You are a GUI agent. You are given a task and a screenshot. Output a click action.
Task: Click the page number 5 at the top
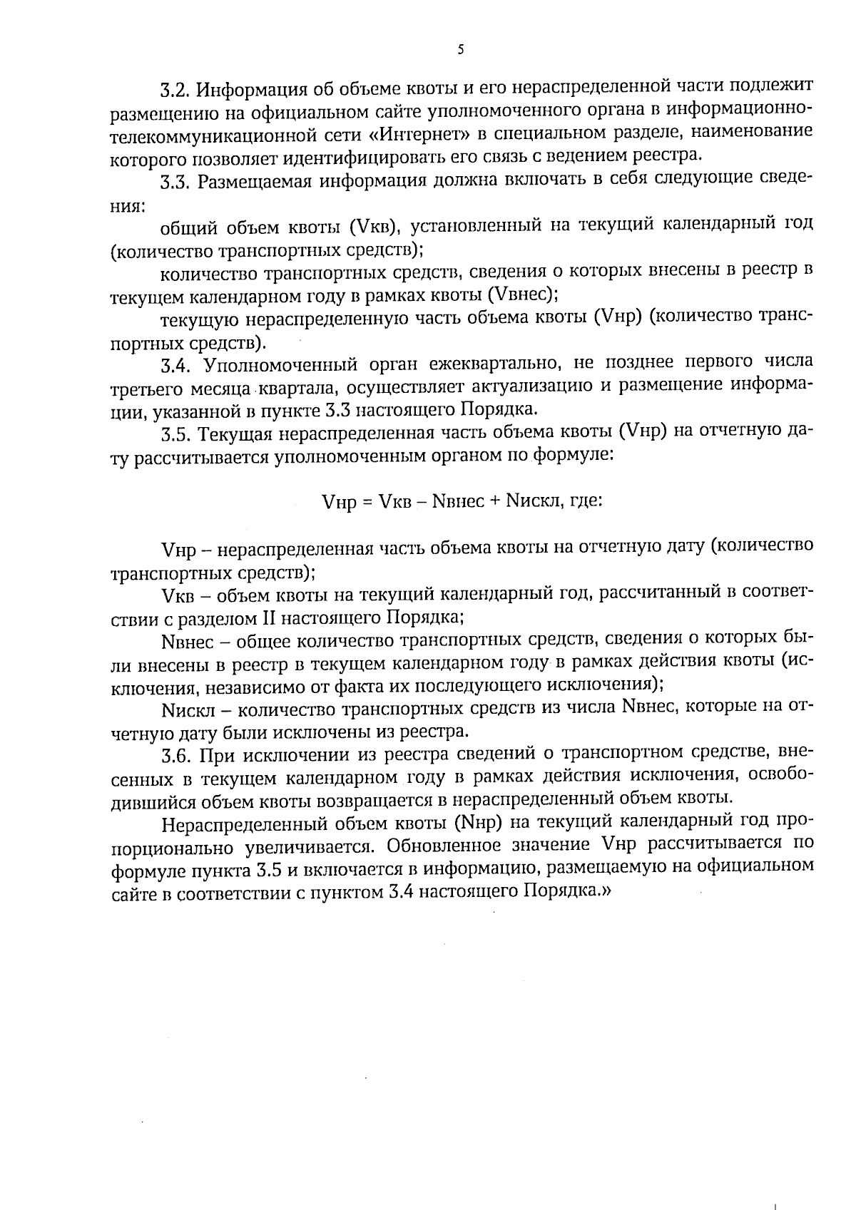460,49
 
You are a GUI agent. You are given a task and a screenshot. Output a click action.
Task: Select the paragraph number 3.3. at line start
175,182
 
